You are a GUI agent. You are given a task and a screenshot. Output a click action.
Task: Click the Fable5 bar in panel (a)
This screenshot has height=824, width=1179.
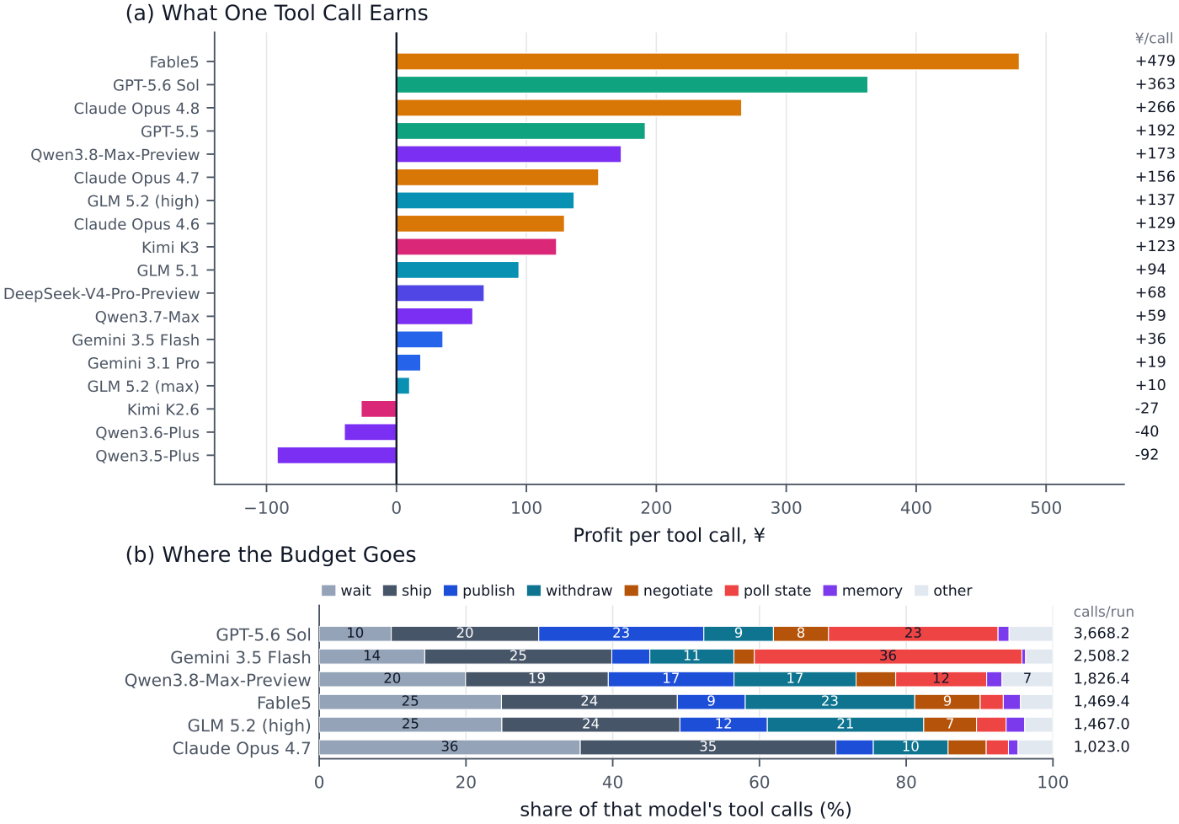(707, 62)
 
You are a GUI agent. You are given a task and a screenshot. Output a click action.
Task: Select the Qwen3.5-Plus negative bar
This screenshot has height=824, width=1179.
(337, 456)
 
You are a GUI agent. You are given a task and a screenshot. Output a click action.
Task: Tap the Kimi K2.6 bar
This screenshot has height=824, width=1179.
(379, 409)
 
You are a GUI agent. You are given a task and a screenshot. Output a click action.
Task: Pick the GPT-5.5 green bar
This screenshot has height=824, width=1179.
(520, 131)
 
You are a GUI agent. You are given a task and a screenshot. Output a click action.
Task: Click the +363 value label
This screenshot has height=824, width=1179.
(1155, 84)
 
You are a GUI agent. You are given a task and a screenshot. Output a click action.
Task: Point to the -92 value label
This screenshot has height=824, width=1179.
(1147, 454)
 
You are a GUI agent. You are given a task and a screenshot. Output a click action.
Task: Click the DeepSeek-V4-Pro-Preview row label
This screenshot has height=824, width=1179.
(102, 294)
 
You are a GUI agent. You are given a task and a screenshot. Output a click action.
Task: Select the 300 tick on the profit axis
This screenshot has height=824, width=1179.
(787, 508)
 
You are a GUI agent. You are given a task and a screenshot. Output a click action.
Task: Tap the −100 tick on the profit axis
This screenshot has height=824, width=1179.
(266, 508)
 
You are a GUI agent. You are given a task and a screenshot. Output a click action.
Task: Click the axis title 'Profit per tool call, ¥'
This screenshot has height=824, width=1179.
(669, 536)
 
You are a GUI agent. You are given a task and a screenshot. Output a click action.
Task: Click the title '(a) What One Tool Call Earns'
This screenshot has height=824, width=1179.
(277, 13)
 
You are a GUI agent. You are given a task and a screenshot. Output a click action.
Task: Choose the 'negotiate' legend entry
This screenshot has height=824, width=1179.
(669, 591)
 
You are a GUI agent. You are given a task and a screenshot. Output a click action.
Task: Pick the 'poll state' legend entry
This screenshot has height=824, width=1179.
(768, 591)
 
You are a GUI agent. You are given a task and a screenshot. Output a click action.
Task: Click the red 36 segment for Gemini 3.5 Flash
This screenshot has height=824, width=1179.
(888, 656)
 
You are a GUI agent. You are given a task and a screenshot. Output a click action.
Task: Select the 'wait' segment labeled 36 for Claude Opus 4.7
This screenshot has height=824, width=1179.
(450, 747)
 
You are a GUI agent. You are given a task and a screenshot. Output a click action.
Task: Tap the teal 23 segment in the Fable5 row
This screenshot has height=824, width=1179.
(830, 702)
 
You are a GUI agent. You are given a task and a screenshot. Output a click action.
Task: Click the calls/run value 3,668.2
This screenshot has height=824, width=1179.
(1102, 634)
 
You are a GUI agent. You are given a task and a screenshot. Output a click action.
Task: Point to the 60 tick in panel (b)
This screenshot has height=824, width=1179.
(760, 782)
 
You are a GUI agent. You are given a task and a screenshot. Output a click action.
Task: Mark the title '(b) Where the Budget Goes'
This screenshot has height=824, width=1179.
(270, 555)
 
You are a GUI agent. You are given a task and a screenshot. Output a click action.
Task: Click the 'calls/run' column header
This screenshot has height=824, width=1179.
(1104, 612)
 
